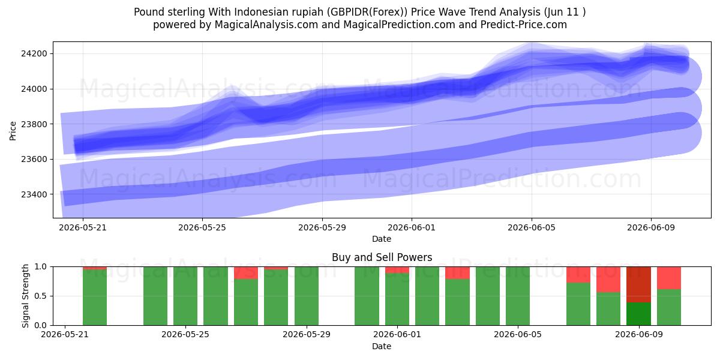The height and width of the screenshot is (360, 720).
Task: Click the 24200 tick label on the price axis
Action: [34, 53]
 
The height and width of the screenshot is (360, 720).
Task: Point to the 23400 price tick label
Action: [34, 194]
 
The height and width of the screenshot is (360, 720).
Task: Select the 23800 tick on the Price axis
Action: [34, 124]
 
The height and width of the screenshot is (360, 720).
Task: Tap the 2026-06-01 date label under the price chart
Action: [412, 227]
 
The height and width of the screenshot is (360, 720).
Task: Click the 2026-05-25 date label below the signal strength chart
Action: [185, 335]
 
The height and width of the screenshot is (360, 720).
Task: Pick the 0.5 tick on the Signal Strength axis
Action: [41, 296]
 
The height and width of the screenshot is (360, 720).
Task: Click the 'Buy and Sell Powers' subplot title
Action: [382, 257]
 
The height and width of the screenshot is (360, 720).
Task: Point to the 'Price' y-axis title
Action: [13, 131]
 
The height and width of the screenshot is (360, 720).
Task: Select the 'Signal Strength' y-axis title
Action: [25, 296]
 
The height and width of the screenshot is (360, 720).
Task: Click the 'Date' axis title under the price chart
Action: [382, 239]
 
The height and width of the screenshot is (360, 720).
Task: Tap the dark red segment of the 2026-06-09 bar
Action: [638, 284]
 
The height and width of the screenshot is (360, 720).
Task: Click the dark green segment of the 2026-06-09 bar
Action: [638, 314]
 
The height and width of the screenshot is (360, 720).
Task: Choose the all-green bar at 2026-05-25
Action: [185, 296]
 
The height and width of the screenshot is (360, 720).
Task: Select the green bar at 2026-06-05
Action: [518, 296]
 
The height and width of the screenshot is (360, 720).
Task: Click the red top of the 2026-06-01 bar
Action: [397, 270]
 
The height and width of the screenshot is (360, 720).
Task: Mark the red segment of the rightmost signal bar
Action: [669, 278]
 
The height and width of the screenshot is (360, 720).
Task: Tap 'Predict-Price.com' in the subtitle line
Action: [524, 25]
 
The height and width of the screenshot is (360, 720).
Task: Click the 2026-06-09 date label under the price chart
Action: [651, 227]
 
